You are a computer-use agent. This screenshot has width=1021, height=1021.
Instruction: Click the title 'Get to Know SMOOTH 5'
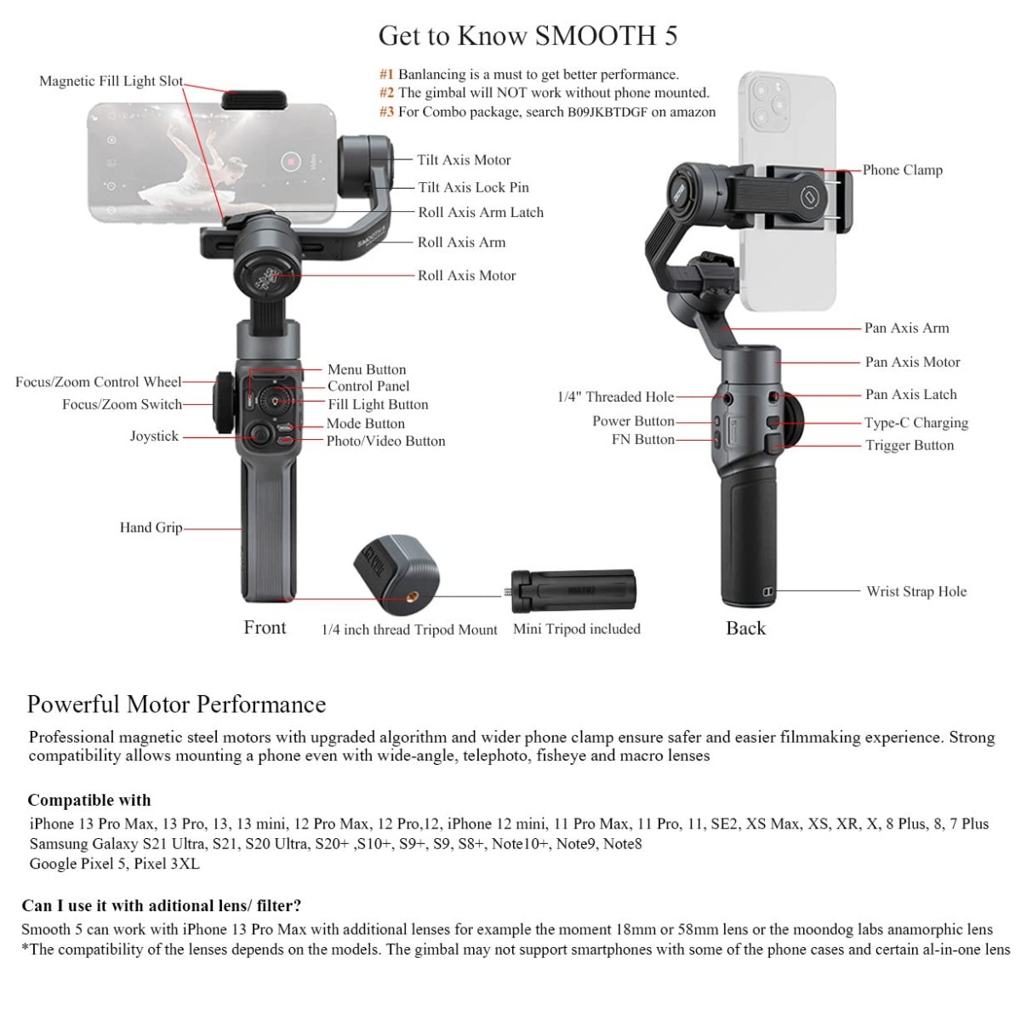pyautogui.click(x=528, y=36)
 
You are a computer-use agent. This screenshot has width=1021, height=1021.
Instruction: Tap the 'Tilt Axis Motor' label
pyautogui.click(x=464, y=160)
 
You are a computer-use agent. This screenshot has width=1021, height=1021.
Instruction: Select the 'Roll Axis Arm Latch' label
pyautogui.click(x=481, y=213)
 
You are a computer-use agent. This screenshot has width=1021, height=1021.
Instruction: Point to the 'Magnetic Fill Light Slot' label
pyautogui.click(x=111, y=82)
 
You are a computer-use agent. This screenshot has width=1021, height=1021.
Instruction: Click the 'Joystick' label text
pyautogui.click(x=154, y=436)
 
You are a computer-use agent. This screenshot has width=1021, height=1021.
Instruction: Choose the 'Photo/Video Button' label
pyautogui.click(x=385, y=441)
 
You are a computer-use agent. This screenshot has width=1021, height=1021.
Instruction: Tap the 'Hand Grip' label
pyautogui.click(x=151, y=528)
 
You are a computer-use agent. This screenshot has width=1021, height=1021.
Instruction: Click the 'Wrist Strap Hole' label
pyautogui.click(x=916, y=591)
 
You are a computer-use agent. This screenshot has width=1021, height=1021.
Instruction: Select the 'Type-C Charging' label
pyautogui.click(x=916, y=423)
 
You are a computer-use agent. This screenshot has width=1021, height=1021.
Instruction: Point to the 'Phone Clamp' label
pyautogui.click(x=902, y=170)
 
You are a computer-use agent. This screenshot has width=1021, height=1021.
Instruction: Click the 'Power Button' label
pyautogui.click(x=633, y=421)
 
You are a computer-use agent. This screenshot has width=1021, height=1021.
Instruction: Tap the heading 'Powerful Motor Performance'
pyautogui.click(x=176, y=704)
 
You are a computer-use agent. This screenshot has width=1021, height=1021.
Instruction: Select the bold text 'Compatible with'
pyautogui.click(x=88, y=801)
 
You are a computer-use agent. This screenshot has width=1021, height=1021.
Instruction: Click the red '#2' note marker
pyautogui.click(x=387, y=93)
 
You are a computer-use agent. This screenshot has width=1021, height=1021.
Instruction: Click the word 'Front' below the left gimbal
pyautogui.click(x=265, y=628)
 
